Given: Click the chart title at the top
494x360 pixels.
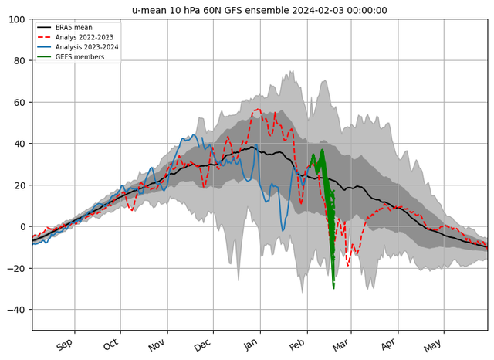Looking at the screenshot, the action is point(259,10).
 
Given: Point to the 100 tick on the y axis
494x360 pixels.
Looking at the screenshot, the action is point(17,19).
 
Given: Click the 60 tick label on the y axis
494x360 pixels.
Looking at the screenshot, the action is point(19,103).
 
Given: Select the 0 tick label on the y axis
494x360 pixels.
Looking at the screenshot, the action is point(22,226).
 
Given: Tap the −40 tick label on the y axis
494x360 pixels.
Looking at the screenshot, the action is point(16,310).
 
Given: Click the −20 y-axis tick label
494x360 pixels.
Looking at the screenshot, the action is point(16,268).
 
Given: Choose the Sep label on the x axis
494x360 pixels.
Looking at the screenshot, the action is point(64,345).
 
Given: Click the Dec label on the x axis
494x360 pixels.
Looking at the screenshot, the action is point(202,345).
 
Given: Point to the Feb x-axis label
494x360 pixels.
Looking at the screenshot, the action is point(296,345).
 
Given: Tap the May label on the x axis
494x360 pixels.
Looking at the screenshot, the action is point(432,345).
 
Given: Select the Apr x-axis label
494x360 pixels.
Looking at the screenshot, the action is point(387,345).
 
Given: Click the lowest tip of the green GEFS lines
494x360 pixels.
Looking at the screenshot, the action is point(333,288).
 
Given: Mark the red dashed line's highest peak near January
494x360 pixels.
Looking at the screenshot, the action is point(259,109).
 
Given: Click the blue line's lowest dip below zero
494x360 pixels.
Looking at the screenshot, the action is point(283,231).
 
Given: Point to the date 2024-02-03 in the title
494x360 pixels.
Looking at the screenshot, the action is point(318,10).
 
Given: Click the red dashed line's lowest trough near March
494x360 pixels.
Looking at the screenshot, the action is point(348,266).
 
